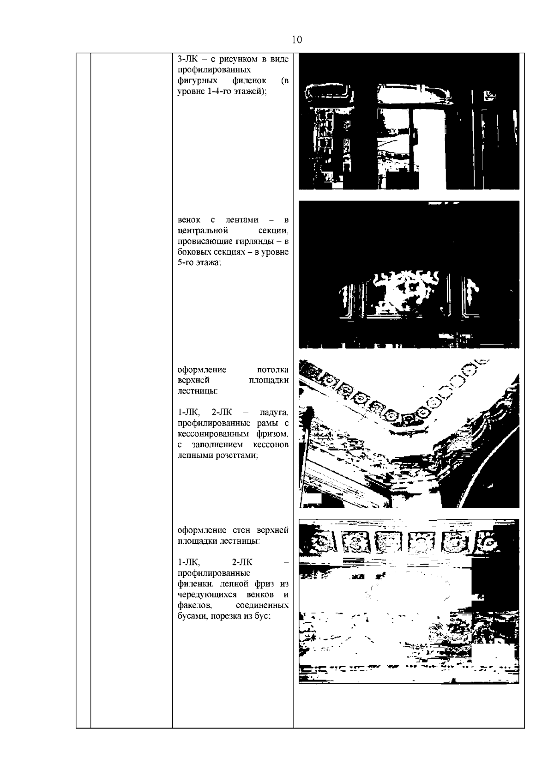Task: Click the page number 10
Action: click(296, 40)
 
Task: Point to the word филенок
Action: click(249, 81)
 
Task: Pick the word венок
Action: click(189, 220)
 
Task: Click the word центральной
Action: click(203, 231)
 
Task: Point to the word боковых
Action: click(194, 252)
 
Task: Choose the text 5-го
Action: click(186, 263)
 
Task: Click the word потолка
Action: click(273, 370)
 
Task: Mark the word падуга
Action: click(274, 413)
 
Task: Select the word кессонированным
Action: click(213, 434)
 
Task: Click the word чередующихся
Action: click(207, 595)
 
